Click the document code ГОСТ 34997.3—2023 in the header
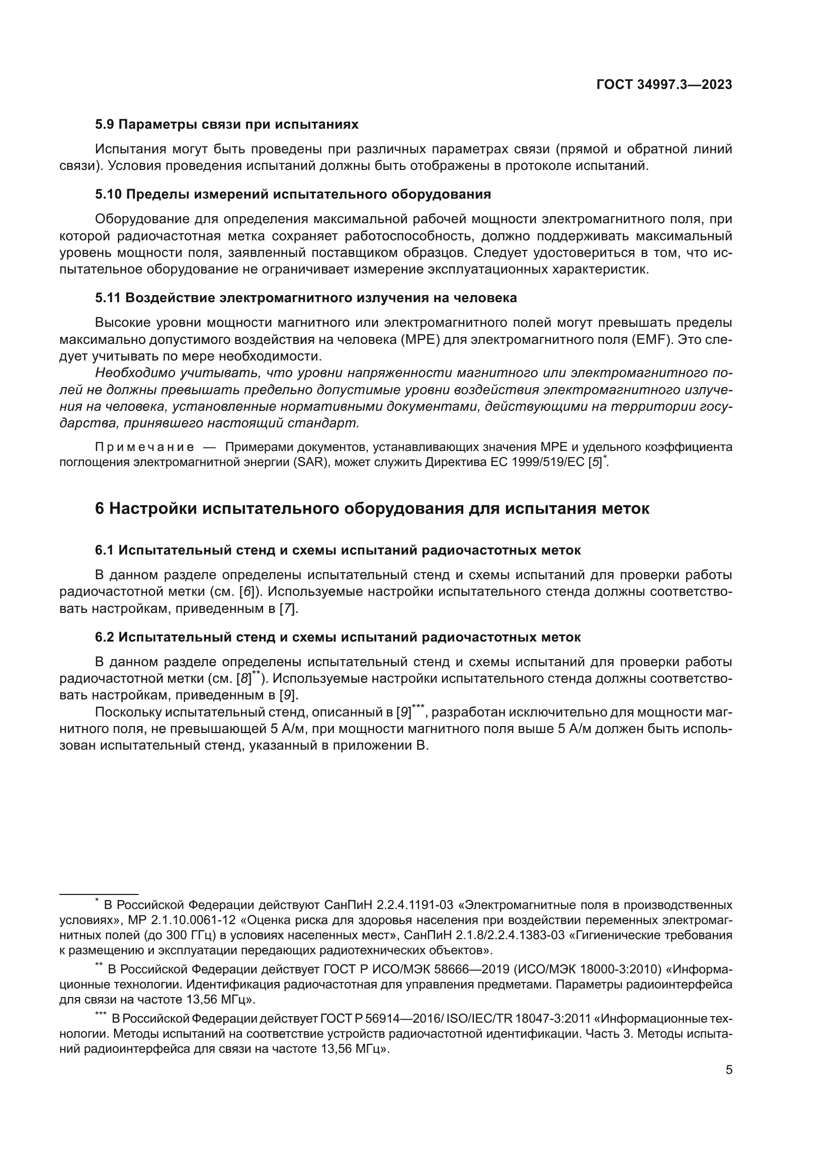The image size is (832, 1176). [x=664, y=85]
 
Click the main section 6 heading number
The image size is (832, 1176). [x=100, y=509]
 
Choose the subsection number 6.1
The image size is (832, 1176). [x=104, y=550]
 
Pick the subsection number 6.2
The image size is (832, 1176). [x=104, y=637]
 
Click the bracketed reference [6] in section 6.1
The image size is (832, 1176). [x=247, y=592]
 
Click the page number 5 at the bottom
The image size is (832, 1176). [x=728, y=1070]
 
